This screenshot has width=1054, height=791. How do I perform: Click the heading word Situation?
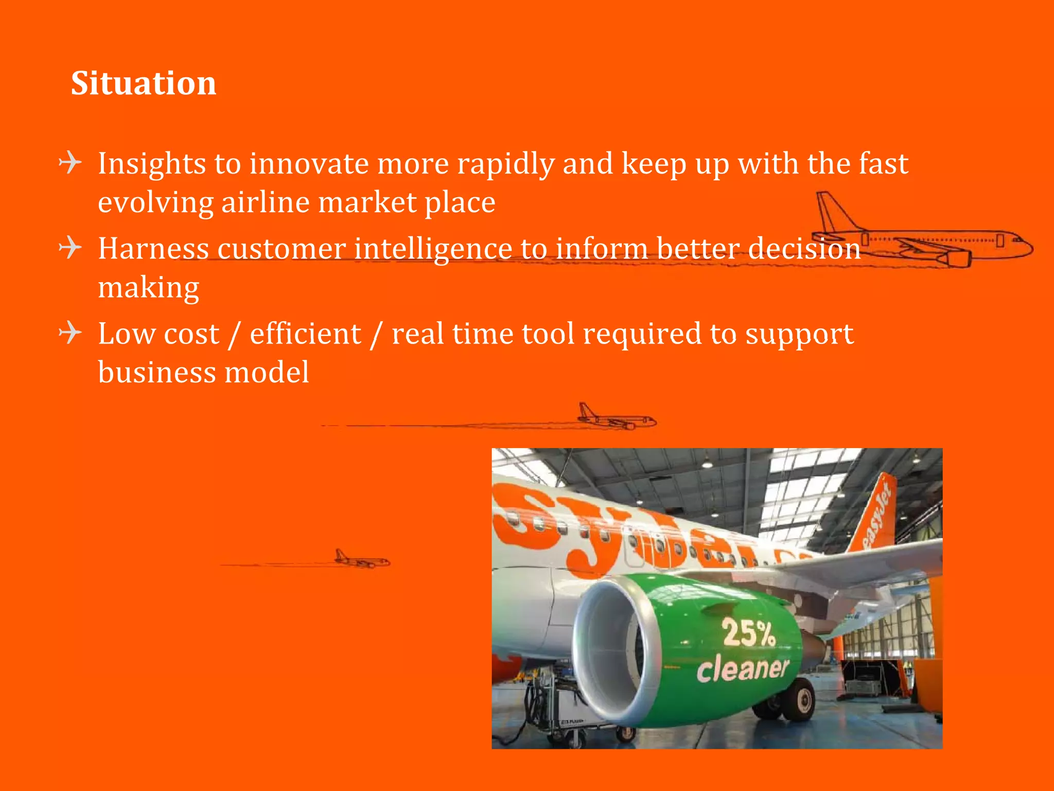coord(144,83)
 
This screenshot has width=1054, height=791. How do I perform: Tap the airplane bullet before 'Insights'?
coord(71,163)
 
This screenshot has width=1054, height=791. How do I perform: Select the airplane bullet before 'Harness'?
coord(71,248)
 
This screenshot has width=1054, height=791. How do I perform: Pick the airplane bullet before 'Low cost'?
coord(71,333)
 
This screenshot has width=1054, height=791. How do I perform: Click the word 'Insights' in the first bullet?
coord(151,164)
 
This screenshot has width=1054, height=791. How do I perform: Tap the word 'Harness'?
coord(153,249)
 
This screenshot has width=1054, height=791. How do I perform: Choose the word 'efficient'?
coord(305,334)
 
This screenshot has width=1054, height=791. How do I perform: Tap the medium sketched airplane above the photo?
coord(615,418)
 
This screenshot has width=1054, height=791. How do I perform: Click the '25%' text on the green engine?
coord(748,633)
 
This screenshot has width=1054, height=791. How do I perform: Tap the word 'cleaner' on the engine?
coord(742,669)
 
